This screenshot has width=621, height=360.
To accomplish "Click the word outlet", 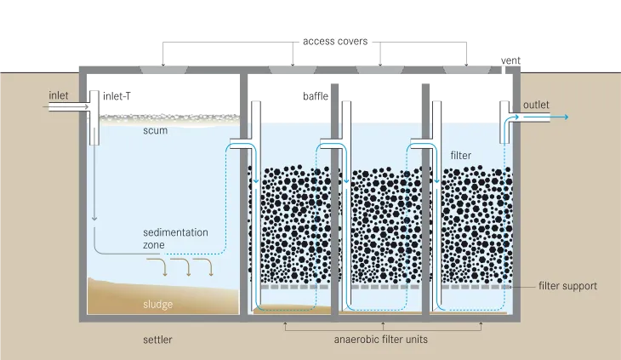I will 536,105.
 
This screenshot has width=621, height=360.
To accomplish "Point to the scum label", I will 155,131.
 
